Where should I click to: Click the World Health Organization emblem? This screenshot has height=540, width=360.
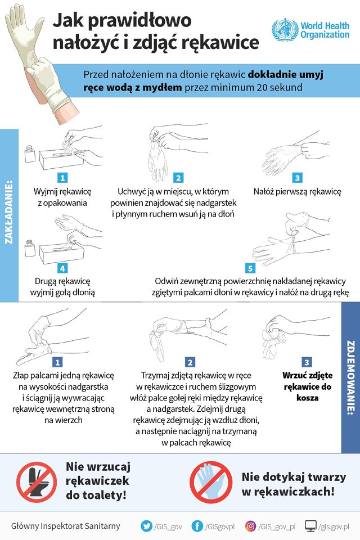(285, 30)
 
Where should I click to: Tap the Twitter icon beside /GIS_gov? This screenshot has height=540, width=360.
(147, 526)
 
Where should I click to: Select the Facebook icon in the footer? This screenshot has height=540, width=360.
(197, 526)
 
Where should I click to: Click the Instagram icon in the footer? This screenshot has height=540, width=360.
(250, 526)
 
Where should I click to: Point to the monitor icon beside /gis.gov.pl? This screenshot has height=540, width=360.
(310, 526)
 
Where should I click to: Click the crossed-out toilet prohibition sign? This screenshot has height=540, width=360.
(37, 482)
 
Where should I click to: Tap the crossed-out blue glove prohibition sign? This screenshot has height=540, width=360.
(211, 482)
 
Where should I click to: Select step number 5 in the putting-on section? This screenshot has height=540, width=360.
(250, 268)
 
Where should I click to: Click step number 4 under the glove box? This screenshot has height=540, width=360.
(62, 268)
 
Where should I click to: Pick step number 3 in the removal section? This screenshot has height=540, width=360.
(307, 362)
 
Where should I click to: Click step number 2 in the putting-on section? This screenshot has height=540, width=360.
(178, 178)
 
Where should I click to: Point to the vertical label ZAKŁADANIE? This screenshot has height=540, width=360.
(10, 212)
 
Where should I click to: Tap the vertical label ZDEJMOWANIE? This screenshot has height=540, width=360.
(350, 377)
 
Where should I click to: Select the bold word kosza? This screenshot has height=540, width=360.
(307, 398)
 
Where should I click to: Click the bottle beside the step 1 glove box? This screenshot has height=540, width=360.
(30, 154)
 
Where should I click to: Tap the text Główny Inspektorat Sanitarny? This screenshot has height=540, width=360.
(65, 526)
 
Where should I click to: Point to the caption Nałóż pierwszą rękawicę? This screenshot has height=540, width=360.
(298, 191)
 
